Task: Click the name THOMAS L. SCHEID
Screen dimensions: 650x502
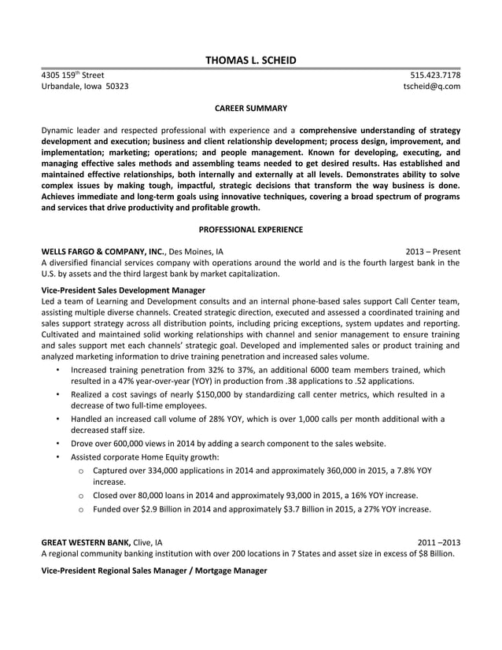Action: click(x=250, y=60)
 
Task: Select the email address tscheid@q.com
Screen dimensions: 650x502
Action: click(x=431, y=87)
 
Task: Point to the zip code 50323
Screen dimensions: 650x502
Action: click(x=117, y=87)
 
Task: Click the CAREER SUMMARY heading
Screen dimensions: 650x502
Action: click(x=250, y=108)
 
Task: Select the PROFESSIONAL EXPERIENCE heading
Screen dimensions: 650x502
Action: click(x=250, y=229)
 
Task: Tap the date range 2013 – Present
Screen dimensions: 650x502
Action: click(x=433, y=252)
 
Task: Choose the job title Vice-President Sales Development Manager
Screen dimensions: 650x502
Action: click(x=123, y=290)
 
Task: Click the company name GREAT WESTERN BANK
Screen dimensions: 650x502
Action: click(x=85, y=542)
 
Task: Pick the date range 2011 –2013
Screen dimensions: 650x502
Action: click(x=438, y=542)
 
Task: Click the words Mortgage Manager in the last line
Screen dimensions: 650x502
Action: click(x=231, y=570)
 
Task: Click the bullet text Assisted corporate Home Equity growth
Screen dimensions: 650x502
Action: click(x=145, y=456)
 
